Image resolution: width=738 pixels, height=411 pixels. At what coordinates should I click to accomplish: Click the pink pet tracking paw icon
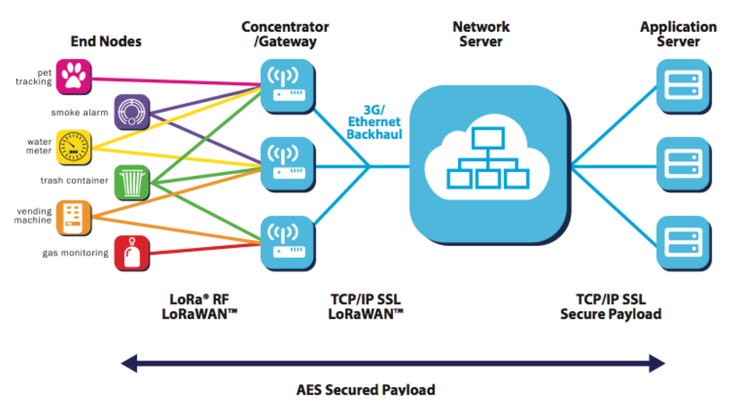tap(74, 77)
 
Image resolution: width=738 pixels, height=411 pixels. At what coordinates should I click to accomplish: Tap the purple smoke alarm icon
tap(132, 112)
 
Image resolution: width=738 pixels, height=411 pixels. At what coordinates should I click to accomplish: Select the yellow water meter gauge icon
tap(74, 147)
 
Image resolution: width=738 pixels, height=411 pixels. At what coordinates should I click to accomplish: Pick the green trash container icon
tap(132, 182)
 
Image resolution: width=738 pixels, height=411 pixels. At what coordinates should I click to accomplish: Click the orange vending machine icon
tap(74, 218)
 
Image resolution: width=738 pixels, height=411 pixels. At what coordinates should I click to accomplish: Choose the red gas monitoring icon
tap(132, 253)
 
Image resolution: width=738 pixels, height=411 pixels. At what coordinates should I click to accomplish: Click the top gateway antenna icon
tap(288, 87)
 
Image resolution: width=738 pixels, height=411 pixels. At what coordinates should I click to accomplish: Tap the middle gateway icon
tap(288, 164)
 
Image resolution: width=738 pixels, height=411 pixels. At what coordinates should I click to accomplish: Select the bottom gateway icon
tap(288, 243)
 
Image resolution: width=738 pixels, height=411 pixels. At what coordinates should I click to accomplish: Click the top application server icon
tap(684, 87)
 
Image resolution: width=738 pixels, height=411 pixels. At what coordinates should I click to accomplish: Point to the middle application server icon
tap(684, 164)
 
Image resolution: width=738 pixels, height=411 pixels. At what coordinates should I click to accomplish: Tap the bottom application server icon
tap(684, 243)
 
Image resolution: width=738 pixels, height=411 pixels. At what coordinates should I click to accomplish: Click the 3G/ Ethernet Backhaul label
tap(374, 122)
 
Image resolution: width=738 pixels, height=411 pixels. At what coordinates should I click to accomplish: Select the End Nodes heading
tap(106, 42)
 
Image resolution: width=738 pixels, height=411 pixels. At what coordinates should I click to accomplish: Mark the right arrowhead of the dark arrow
tap(657, 363)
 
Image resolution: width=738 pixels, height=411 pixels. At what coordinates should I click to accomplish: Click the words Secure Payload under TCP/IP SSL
tap(611, 314)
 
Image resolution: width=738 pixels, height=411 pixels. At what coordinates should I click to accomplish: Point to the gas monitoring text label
tap(75, 253)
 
